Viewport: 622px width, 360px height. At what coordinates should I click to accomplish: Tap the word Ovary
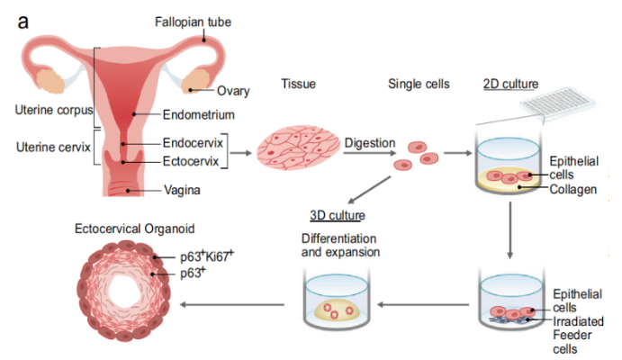tap(232, 91)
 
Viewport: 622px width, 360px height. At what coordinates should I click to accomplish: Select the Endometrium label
tap(198, 114)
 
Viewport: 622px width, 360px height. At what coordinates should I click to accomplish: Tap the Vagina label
tap(182, 190)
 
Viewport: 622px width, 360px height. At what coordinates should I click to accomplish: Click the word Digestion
tap(370, 142)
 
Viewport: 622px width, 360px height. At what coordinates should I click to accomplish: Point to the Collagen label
tap(572, 189)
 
